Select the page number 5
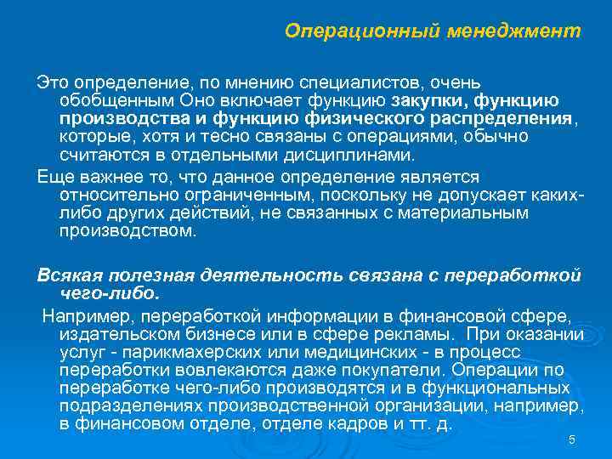click(x=571, y=439)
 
